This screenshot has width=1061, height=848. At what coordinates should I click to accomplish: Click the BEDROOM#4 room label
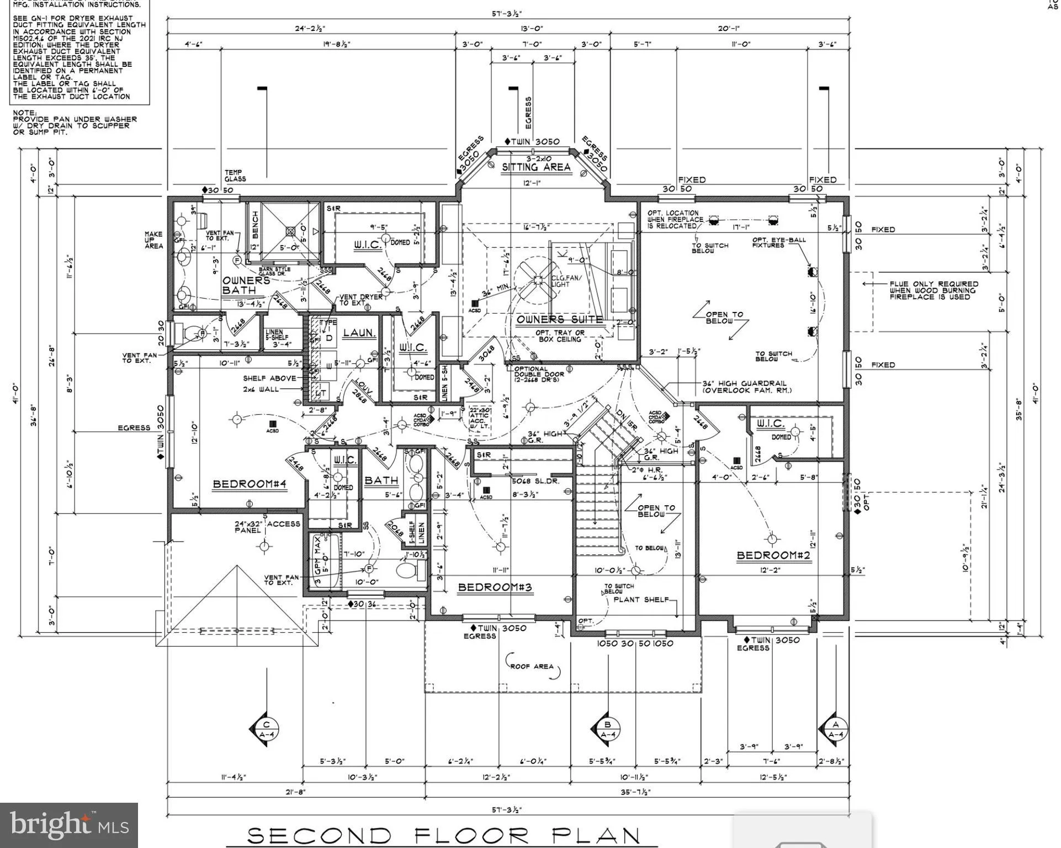[x=250, y=484]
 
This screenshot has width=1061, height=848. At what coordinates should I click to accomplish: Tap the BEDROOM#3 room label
[x=495, y=587]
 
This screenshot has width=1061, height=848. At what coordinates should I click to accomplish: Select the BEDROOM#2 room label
[x=773, y=555]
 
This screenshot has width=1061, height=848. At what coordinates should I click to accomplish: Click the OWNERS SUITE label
[x=559, y=319]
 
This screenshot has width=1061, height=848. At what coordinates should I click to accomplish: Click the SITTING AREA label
[x=535, y=167]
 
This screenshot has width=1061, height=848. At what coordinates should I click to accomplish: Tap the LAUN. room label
[x=359, y=333]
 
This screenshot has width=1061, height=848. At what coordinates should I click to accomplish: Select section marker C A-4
[x=266, y=729]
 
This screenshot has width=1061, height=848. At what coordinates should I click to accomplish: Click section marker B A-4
[x=608, y=729]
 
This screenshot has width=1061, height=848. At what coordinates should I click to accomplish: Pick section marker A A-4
[x=835, y=729]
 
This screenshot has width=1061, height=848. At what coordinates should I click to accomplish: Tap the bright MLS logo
[x=68, y=825]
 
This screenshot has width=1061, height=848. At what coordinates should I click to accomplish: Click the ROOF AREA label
[x=531, y=666]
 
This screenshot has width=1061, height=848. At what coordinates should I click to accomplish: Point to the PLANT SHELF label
[x=640, y=599]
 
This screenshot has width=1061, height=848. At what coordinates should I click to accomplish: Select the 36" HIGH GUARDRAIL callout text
[x=744, y=386]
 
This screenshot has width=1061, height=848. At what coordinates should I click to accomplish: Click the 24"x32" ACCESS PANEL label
[x=267, y=527]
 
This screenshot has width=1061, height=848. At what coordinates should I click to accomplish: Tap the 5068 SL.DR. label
[x=535, y=481]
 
